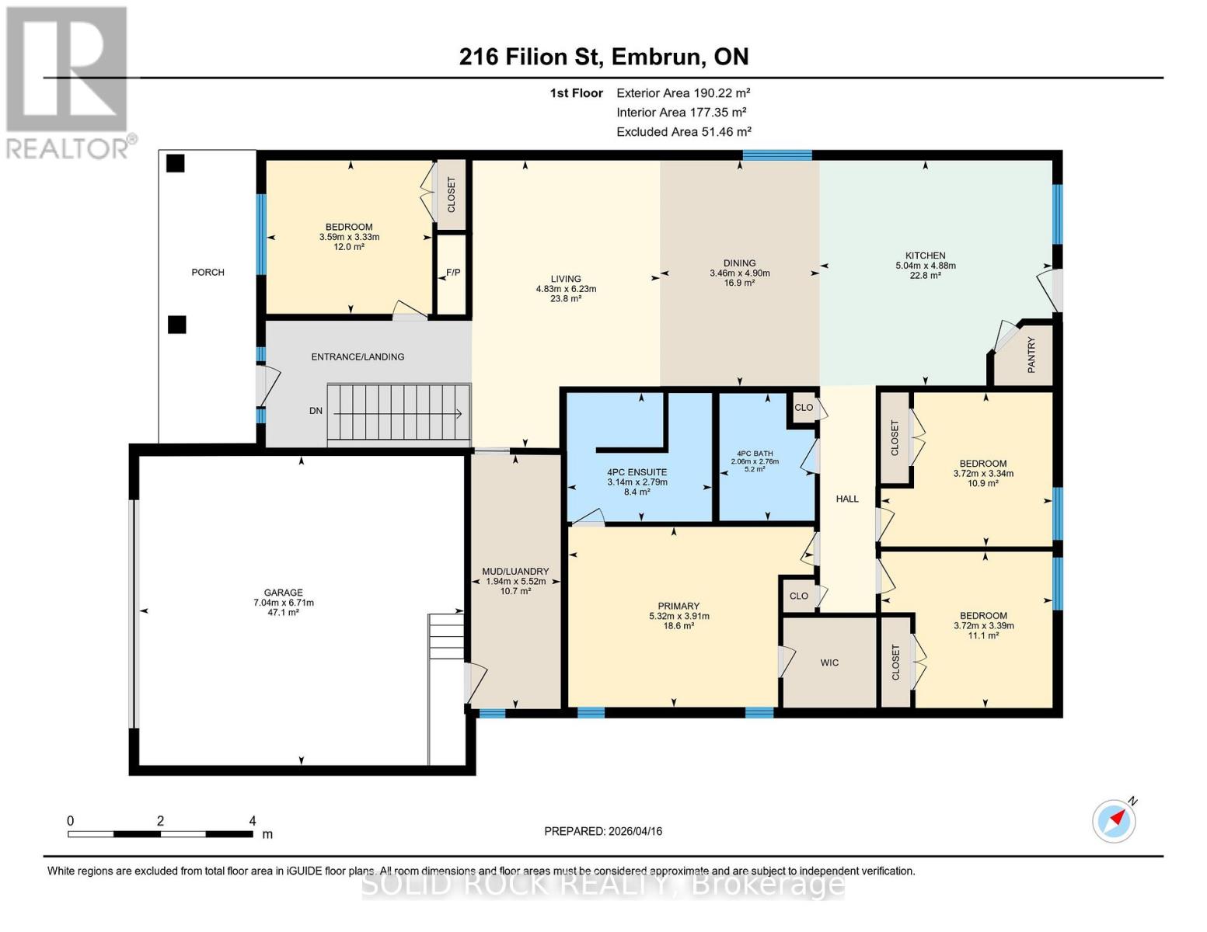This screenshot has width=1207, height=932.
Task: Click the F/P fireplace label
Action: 452,273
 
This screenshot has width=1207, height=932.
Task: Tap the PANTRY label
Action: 1031,355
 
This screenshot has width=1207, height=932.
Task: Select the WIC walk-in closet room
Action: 829,662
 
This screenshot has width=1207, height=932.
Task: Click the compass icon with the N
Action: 1114,820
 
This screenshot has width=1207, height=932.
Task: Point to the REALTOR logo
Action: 68,82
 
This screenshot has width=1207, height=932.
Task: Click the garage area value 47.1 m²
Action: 283,613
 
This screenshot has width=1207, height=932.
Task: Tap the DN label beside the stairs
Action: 316,411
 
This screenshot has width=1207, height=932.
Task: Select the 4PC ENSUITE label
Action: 637,472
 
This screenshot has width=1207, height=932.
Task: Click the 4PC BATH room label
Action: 755,454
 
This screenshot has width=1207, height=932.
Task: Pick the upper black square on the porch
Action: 176,163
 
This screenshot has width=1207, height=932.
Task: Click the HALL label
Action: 847,499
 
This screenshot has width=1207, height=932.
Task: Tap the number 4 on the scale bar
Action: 253,821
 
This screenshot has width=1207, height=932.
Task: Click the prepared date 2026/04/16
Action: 603,831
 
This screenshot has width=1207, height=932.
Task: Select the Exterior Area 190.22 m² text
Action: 683,92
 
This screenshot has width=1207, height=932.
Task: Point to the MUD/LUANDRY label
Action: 515,571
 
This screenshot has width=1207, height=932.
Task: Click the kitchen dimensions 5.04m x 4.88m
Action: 925,266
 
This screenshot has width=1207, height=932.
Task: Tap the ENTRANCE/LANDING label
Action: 358,356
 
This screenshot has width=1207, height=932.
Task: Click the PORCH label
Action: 208,272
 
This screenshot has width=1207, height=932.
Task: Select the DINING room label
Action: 738,263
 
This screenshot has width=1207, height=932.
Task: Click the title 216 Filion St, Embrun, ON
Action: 603,57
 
